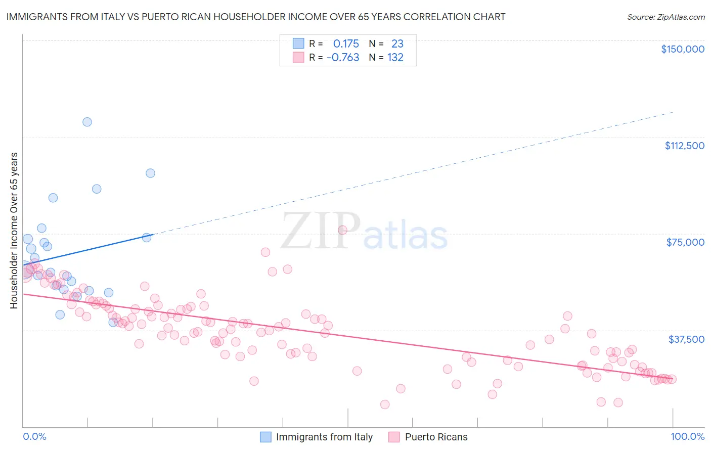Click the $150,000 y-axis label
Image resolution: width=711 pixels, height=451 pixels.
pos(683,49)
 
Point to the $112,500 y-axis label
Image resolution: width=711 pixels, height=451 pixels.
pos(684,146)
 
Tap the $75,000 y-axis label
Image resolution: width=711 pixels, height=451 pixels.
pos(685,242)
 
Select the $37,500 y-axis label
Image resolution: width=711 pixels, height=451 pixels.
pos(686,339)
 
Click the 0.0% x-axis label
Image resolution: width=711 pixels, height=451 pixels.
pos(34,436)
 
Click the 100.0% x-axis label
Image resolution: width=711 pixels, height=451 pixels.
pos(687,436)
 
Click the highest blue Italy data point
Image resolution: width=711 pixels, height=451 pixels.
pos(87,122)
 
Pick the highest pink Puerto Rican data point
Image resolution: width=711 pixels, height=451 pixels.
pos(342,230)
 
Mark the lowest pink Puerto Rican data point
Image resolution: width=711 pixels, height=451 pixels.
pos(385,404)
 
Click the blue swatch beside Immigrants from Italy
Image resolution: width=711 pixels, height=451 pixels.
pos(266,437)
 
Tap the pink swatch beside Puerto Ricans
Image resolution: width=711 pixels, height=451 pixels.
pos(394,437)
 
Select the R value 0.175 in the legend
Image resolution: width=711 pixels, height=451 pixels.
pos(346,43)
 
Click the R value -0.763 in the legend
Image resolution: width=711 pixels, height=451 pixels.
pos(343,58)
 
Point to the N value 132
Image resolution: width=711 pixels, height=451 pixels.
pos(395,58)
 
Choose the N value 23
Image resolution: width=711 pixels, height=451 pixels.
pos(397,43)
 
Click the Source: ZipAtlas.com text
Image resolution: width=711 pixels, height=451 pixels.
pos(665,17)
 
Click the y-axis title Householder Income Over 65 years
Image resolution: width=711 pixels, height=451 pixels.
pos(14,231)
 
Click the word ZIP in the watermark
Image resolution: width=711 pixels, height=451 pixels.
pos(321,231)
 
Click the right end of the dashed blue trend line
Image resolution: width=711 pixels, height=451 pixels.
pos(673,112)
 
